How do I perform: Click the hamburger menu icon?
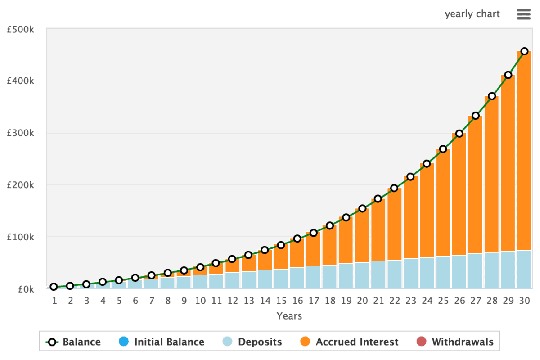[x=524, y=14]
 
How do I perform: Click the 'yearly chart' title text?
[x=472, y=14]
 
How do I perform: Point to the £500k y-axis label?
[x=21, y=30]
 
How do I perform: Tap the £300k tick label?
[x=21, y=134]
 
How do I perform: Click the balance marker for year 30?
[x=524, y=51]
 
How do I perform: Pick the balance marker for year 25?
[x=443, y=149]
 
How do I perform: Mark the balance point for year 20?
[x=362, y=208]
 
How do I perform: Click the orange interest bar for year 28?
[x=492, y=175]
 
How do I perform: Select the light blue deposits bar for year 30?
[x=524, y=269]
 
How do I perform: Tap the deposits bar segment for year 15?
[x=281, y=279]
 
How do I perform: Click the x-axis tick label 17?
[x=314, y=301]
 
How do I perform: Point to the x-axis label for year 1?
[x=54, y=301]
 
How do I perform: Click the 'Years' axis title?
[x=289, y=316]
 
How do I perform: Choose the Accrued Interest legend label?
[x=357, y=342]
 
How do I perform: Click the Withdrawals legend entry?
[x=463, y=342]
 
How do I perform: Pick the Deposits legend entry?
[x=260, y=342]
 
